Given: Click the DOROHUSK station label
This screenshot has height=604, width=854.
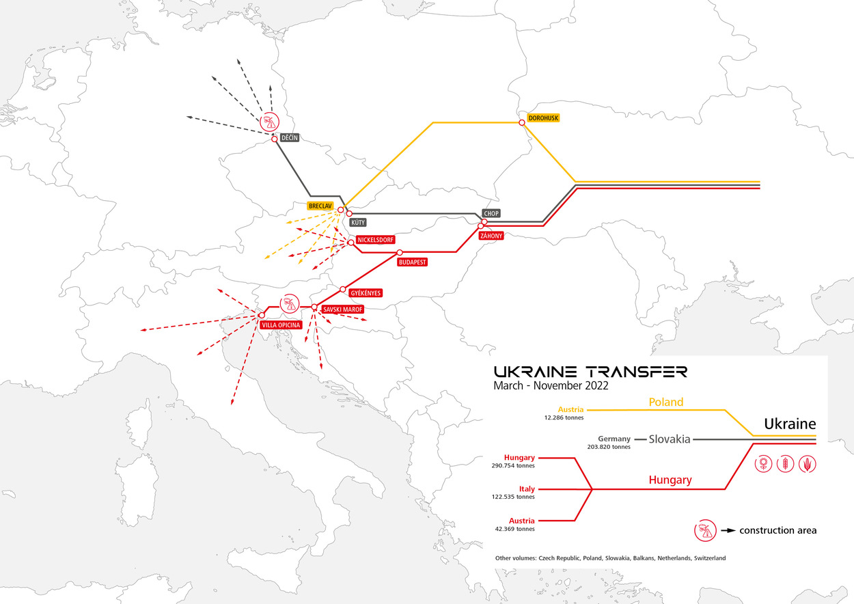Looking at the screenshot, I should click(x=543, y=118).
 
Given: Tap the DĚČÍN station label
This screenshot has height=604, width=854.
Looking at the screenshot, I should click(x=290, y=137).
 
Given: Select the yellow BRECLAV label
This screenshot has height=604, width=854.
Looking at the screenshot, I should click(x=320, y=205).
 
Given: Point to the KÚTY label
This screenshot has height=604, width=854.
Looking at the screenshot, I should click(x=357, y=222).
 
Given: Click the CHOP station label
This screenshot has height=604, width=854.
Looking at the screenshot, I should click(x=491, y=213).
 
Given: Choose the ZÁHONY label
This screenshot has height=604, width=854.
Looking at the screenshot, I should click(x=491, y=236).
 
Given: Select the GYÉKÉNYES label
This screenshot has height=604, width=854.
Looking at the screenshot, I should click(x=365, y=293).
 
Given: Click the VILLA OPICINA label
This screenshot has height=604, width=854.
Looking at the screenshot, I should click(x=280, y=325).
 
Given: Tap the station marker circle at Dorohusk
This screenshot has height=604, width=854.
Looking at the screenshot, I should click(x=522, y=122).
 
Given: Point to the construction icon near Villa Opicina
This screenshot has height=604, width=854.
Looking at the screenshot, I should click(x=290, y=302).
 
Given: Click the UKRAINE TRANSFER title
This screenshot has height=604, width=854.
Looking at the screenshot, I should click(x=590, y=371).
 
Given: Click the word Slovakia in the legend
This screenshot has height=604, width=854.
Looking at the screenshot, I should click(x=670, y=439).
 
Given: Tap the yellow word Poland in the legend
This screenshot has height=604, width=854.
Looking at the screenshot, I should click(x=665, y=402).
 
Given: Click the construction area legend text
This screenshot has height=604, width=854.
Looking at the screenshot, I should click(x=777, y=530).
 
